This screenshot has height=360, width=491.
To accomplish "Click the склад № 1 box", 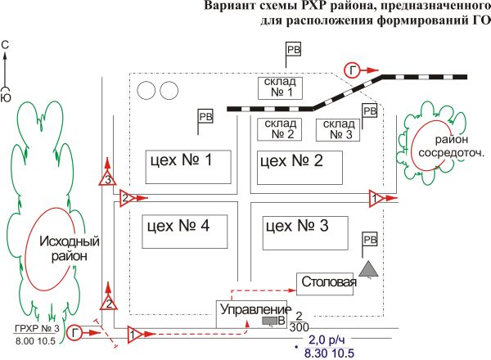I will click(280, 88).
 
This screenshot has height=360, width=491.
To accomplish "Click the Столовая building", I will click(328, 283).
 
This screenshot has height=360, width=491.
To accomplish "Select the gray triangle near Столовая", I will click(371, 268).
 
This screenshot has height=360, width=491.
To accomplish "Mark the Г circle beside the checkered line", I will click(353, 70).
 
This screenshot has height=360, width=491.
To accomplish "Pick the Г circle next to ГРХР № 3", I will click(76, 332).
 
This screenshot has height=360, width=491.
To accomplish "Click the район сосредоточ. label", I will click(453, 146).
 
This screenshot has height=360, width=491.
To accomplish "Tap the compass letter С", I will click(6, 48).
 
